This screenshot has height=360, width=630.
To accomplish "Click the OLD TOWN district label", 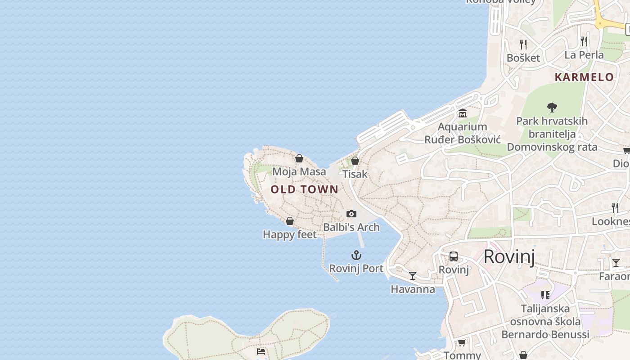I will pos(304,189).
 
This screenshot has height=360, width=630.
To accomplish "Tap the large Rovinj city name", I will pos(509,256).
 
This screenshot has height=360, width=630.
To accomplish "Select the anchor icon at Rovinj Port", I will pos(356,256).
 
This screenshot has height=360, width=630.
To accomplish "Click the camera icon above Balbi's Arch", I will pos(351,214).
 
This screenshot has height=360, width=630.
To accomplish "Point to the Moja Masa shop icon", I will pos(299,158).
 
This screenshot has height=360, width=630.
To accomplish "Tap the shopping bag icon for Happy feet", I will pos(290,221).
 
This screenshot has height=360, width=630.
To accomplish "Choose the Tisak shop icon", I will pos(355,161).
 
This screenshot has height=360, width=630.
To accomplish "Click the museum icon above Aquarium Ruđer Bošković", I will pos(462,113).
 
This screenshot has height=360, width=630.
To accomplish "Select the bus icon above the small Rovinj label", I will pos(454,256).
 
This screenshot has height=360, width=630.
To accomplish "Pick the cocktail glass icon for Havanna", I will pos(413,275).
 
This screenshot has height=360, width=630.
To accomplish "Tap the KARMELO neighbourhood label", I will pos(584,77).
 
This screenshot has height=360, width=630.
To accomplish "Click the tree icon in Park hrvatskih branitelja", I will pos(552,107).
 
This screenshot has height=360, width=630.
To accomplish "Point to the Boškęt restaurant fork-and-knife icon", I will pos(523,44).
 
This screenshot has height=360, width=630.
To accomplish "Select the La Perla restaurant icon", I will pos(584,41).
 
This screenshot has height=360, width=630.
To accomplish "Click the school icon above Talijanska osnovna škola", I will pos(545,295).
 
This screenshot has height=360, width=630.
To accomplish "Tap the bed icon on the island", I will pos(261,351).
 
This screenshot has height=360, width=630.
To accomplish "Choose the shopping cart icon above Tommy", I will pos(462,342).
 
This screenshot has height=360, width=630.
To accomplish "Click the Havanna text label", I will pos(413,289).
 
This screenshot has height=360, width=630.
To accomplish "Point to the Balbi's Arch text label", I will pos(351,227).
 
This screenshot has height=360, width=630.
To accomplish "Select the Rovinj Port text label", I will pos(356,269).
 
